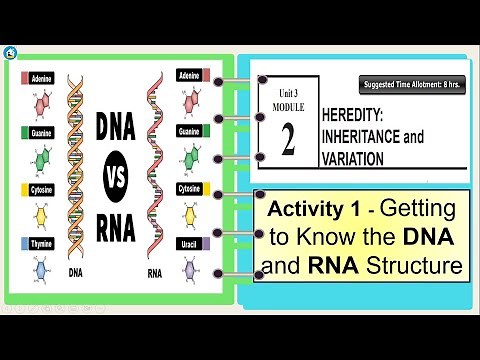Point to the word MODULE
pos(287,103)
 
